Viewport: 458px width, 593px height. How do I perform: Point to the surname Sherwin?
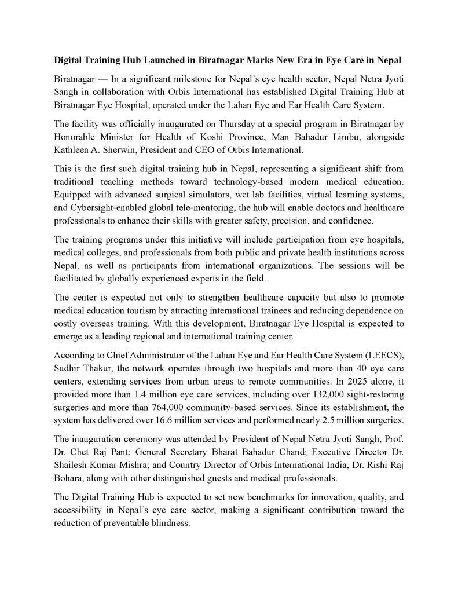tap(118, 149)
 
